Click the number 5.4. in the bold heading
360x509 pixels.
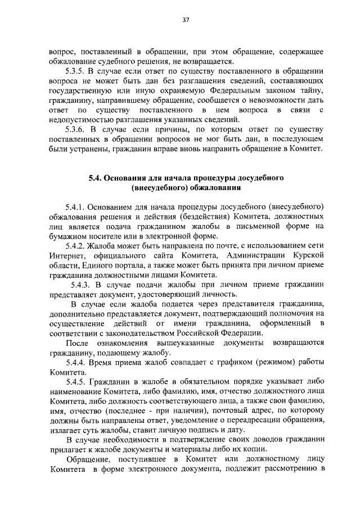click(x=97, y=178)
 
